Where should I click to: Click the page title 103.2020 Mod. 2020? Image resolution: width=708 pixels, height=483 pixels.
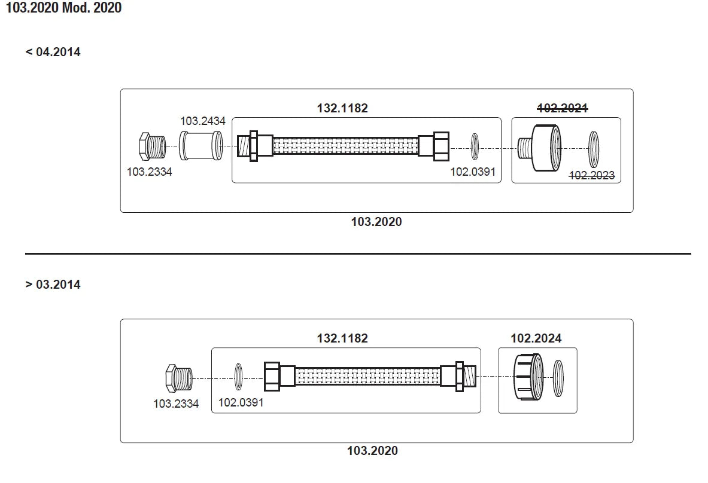(63, 9)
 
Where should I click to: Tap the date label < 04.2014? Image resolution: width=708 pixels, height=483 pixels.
(53, 52)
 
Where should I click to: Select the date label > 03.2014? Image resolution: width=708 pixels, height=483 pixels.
(53, 285)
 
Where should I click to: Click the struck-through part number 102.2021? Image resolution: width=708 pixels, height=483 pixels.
(562, 108)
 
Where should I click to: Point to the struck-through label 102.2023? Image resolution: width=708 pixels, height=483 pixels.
(591, 176)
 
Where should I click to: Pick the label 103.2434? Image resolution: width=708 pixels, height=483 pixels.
(203, 121)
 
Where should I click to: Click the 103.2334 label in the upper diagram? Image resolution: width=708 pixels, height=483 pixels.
(149, 172)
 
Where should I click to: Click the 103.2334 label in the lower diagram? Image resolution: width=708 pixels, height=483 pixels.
(176, 403)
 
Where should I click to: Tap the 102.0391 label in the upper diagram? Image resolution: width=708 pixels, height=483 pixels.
(473, 172)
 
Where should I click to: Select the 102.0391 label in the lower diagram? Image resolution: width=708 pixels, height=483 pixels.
(241, 403)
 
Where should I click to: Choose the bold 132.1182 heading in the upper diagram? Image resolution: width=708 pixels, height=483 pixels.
(342, 108)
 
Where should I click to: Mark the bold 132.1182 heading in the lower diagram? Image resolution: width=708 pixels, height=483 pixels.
(342, 338)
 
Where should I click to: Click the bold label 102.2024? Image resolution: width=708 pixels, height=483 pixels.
(536, 338)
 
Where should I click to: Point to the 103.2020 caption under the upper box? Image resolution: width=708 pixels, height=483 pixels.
(376, 222)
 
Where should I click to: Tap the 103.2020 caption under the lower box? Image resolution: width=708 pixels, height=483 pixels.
(372, 451)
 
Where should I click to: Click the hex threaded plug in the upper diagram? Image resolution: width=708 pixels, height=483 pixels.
(150, 147)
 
